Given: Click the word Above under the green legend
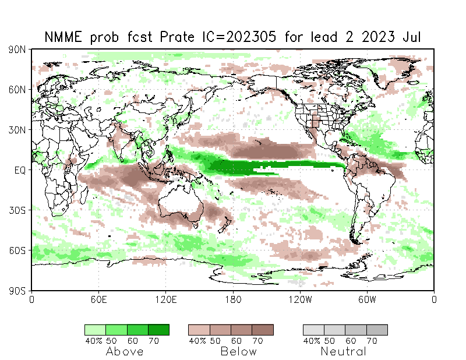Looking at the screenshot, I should pyautogui.click(x=125, y=351).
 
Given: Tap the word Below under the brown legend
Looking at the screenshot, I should pyautogui.click(x=239, y=351).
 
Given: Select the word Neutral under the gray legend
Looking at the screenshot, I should pyautogui.click(x=343, y=351).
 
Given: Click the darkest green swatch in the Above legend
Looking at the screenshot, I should pyautogui.click(x=158, y=330).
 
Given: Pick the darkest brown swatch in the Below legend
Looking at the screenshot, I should pyautogui.click(x=263, y=330).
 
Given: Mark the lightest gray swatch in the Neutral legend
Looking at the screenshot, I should pyautogui.click(x=313, y=330).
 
